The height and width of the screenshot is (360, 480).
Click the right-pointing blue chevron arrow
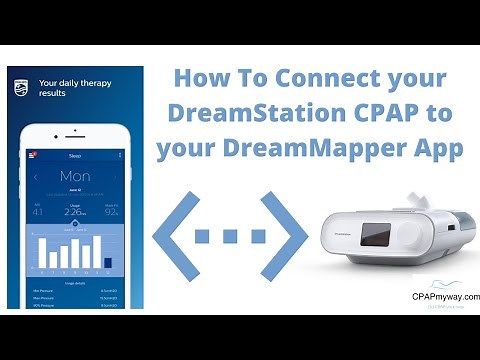(284, 236)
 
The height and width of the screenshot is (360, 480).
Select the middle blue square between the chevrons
(229, 237)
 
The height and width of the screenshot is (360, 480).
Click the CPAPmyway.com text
(444, 296)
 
